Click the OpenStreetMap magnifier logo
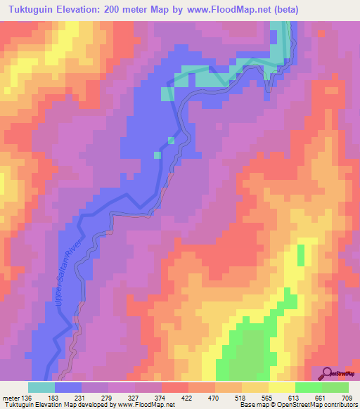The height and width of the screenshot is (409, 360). click(x=328, y=373)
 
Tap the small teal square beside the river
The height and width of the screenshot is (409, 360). click(x=171, y=141)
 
